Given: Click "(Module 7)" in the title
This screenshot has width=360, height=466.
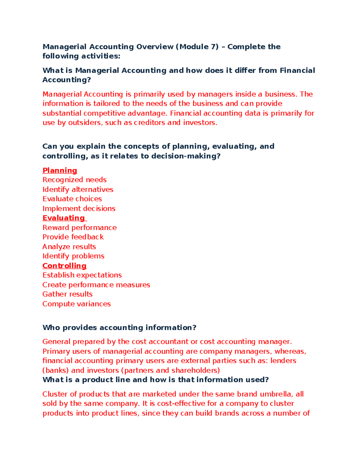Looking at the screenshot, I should (x=197, y=47).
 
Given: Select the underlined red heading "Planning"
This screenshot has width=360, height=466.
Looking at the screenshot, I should (x=60, y=170).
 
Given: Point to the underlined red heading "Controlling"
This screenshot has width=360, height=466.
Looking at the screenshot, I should (x=64, y=266).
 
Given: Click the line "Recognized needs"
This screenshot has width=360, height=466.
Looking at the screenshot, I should (x=74, y=180).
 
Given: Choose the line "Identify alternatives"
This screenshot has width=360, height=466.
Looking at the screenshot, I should (x=78, y=189).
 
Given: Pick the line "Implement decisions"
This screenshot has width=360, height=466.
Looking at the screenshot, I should (x=79, y=209).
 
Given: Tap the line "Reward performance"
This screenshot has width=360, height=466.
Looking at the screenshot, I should (x=79, y=227).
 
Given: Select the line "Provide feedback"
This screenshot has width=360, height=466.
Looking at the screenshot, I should (x=73, y=237).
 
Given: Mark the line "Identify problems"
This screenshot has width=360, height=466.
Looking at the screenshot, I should (x=73, y=256).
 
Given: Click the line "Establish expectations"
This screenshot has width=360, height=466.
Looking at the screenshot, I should (x=82, y=275).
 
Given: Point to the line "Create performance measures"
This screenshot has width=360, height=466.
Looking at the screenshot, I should (x=96, y=285).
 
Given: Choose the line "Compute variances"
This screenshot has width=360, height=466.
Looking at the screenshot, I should (x=76, y=304).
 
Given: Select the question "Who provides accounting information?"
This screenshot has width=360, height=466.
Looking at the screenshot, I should (x=119, y=327).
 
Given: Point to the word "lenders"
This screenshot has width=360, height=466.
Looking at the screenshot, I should (x=283, y=361).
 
